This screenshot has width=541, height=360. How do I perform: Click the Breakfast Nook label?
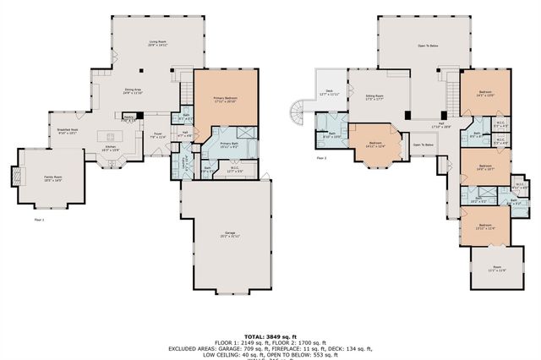[68, 131]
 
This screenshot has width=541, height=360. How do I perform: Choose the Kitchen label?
[110, 148]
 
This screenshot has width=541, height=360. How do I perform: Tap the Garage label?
[229, 234]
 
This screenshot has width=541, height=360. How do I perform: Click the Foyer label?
[158, 134]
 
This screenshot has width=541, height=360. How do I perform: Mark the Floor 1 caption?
[39, 219]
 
